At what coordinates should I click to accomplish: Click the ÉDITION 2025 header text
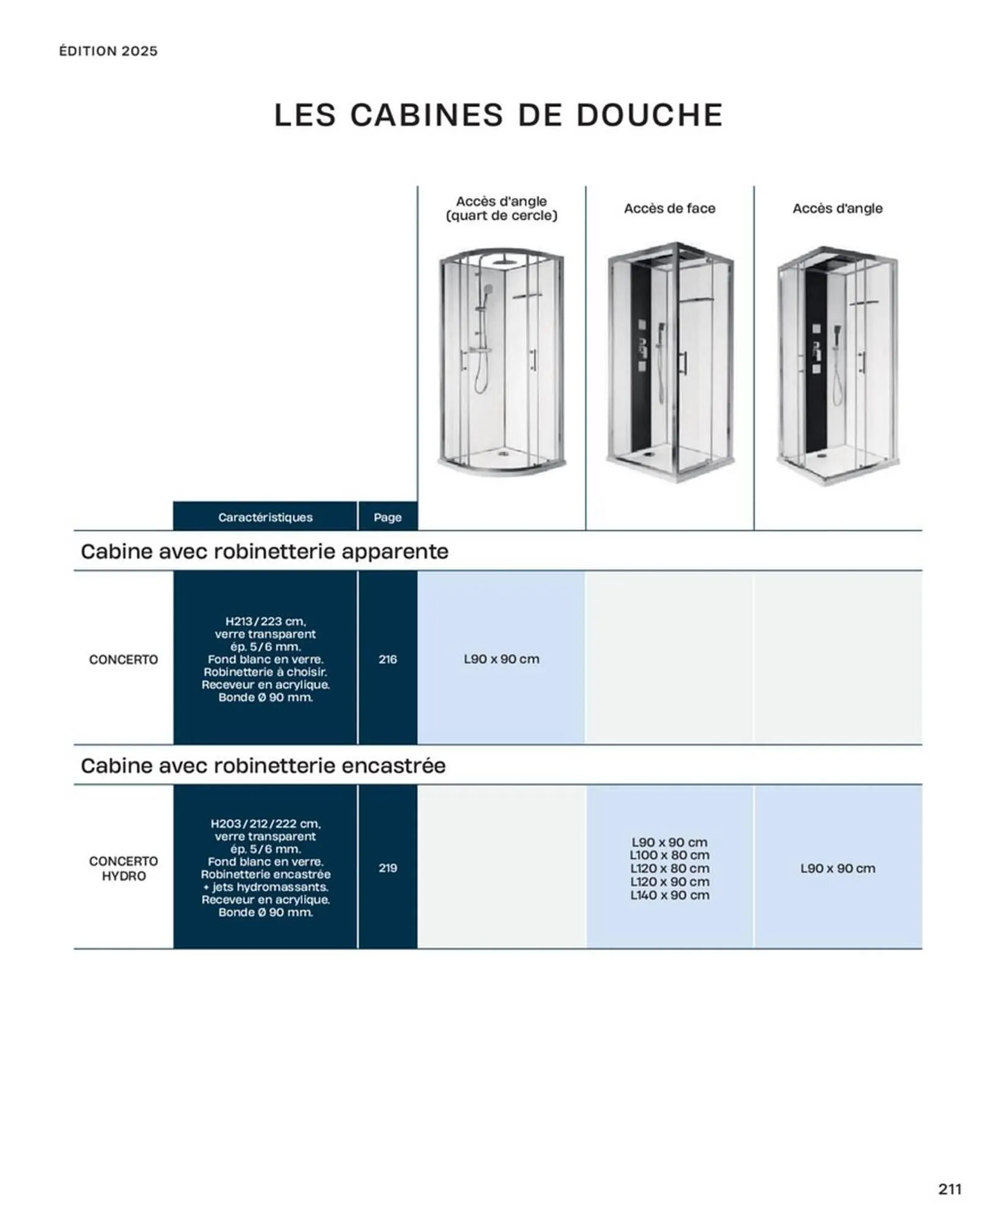pos(108,51)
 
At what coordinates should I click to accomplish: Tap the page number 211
pos(950,1189)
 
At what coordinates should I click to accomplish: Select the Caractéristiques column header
pos(265,517)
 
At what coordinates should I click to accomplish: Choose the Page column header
pos(388,517)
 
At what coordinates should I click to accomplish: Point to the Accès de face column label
pos(669,208)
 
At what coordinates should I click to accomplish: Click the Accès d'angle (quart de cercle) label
pos(501,208)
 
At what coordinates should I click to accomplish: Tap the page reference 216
pos(388,659)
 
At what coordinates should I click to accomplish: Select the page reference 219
pos(388,868)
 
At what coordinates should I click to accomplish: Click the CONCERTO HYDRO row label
pos(123,868)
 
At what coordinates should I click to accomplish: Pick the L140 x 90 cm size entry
pos(669,895)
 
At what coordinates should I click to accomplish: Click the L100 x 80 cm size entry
pos(669,855)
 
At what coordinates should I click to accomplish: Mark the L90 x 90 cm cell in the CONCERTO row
pos(501,659)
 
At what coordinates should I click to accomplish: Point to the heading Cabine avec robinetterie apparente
pos(265,552)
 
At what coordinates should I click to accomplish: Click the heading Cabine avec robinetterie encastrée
pos(263,766)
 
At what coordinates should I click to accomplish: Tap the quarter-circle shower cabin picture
pos(501,363)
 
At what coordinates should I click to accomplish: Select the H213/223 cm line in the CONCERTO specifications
pos(265,621)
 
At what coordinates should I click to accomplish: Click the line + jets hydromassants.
pos(265,887)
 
